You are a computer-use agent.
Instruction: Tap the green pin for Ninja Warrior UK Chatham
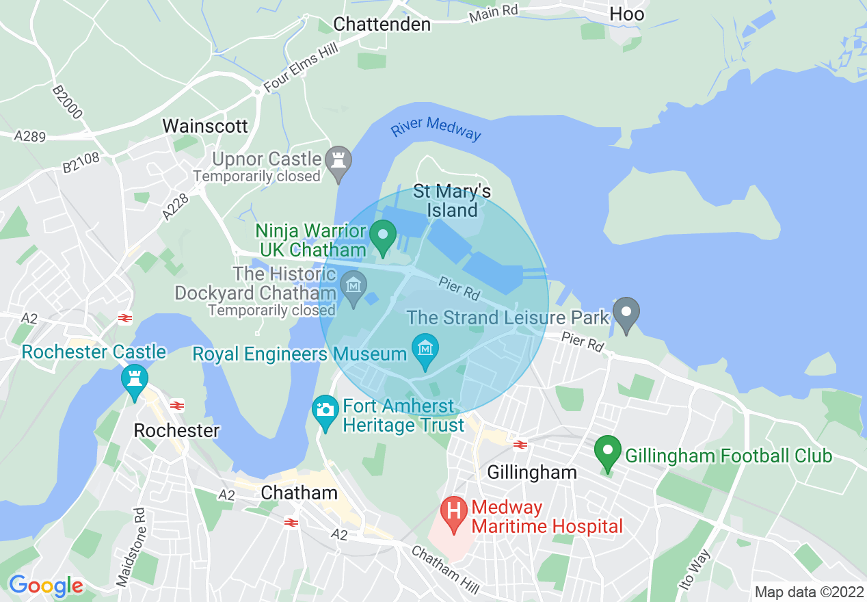382,236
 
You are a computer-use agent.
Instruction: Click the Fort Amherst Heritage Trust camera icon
325,410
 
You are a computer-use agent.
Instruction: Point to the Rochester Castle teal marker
134,378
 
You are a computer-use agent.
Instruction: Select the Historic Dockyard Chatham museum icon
354,284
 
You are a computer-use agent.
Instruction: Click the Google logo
46,586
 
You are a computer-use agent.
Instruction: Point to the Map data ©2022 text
807,592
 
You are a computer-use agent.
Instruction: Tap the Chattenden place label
382,24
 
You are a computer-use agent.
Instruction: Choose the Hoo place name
626,14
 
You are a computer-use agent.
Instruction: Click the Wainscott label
204,126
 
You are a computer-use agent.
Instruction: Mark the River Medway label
436,128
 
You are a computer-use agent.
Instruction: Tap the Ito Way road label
696,569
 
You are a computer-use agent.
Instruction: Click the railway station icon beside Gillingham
520,444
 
